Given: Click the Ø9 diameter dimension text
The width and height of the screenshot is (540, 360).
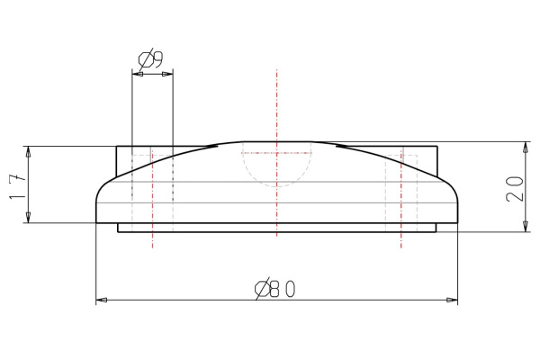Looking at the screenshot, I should [151, 60].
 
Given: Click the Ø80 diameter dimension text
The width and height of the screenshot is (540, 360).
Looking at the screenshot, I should [276, 288].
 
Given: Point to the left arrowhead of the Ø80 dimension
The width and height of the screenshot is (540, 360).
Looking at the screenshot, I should [101, 299].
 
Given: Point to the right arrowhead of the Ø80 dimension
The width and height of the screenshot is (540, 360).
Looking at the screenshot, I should [453, 299].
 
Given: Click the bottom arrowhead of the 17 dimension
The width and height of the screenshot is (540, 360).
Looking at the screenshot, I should [30, 218].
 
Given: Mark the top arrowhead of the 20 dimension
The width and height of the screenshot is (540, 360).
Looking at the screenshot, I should [525, 146].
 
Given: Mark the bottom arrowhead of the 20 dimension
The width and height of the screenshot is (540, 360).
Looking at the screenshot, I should [525, 228].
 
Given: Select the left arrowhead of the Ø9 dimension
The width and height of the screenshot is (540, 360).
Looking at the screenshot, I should [136, 75].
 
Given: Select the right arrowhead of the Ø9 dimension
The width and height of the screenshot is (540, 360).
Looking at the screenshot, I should [168, 75].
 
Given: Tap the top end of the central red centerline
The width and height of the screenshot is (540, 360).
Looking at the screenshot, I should [277, 69].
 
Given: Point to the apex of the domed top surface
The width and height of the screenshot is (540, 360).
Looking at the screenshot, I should [277, 140].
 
